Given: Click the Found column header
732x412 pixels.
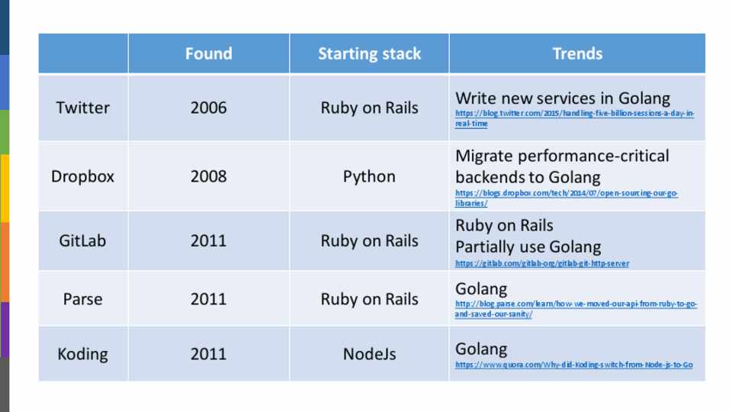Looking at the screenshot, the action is click(209, 53).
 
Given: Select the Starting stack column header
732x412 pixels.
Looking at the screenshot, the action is click(369, 53).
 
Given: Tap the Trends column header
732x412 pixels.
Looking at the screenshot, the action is click(577, 53).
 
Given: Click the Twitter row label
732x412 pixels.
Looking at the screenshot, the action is click(83, 108).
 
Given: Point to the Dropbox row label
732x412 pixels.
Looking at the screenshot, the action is click(82, 176).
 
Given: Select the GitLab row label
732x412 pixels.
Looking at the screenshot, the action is click(82, 241).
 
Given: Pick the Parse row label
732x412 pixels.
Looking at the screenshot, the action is click(82, 299).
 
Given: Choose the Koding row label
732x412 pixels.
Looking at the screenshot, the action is click(82, 354).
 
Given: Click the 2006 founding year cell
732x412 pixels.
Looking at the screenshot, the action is click(209, 108).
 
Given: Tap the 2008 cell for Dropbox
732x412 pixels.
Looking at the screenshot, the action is click(209, 176).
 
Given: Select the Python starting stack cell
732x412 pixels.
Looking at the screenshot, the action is click(369, 176).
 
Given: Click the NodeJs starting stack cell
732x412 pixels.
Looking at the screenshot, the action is click(369, 354).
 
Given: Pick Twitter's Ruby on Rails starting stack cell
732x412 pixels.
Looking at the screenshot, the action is click(369, 108).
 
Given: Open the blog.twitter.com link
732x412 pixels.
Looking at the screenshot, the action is click(575, 118).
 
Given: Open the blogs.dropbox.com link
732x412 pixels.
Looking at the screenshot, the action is click(567, 198).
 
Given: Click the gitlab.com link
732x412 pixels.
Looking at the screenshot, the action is click(542, 263).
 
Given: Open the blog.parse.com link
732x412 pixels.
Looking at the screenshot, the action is click(576, 309).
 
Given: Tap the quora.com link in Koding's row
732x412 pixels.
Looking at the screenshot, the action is click(573, 365).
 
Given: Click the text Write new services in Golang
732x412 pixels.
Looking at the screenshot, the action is click(563, 98).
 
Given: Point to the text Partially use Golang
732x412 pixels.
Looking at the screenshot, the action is click(528, 247).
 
